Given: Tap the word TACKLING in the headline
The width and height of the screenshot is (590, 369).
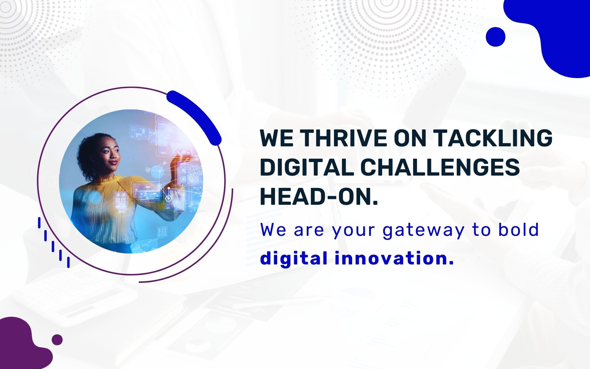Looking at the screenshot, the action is point(493,138).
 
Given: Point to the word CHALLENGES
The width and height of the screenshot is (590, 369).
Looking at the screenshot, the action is point(440,167).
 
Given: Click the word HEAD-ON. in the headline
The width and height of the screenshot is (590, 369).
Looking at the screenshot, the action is point(319,197).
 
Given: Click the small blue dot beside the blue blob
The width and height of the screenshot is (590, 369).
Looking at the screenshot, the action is point(495,37).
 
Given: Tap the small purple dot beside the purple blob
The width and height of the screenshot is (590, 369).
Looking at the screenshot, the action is point(57,339).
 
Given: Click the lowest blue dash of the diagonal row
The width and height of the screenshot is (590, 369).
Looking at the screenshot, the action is point(68,262).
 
